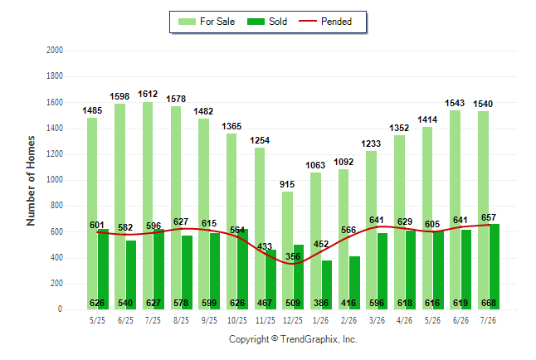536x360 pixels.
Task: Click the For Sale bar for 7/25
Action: (148, 206)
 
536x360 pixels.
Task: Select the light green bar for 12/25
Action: (287, 251)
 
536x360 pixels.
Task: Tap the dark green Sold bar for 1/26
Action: (327, 285)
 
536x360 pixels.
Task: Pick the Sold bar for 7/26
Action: (495, 266)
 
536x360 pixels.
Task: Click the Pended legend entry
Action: (325, 22)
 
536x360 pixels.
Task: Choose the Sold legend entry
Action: (267, 22)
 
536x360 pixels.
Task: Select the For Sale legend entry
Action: (207, 22)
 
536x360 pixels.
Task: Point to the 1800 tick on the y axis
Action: (55, 75)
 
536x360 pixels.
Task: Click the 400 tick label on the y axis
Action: (56, 258)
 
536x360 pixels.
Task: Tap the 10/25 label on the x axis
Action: (237, 320)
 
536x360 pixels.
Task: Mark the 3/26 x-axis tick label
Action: (377, 320)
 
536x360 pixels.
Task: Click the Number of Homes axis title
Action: (31, 181)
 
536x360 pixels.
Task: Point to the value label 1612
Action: (148, 94)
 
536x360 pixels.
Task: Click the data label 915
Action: (287, 184)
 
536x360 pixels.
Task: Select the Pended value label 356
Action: (293, 256)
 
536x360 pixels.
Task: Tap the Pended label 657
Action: (489, 217)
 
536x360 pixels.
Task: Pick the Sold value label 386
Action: (321, 303)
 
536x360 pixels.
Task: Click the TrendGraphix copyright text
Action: (293, 339)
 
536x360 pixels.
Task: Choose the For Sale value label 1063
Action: (315, 165)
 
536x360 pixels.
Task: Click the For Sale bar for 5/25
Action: (92, 214)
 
